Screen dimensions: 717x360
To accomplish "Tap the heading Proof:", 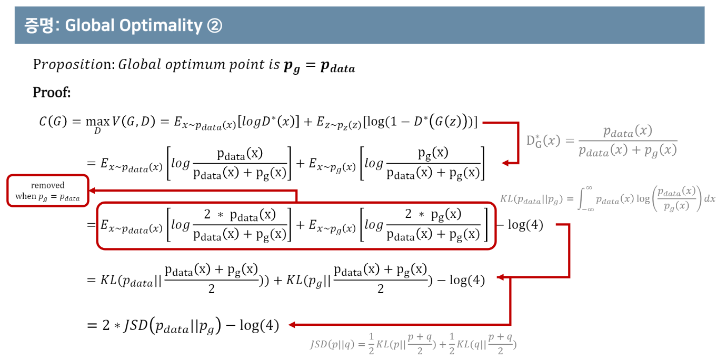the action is click(x=52, y=93).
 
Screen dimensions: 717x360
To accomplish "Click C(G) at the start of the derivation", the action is click(x=53, y=122).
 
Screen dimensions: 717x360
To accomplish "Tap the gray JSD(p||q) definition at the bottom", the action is click(x=413, y=344).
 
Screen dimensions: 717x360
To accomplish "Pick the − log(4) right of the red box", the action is click(x=520, y=225).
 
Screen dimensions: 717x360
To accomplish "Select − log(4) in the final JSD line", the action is click(x=253, y=326).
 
